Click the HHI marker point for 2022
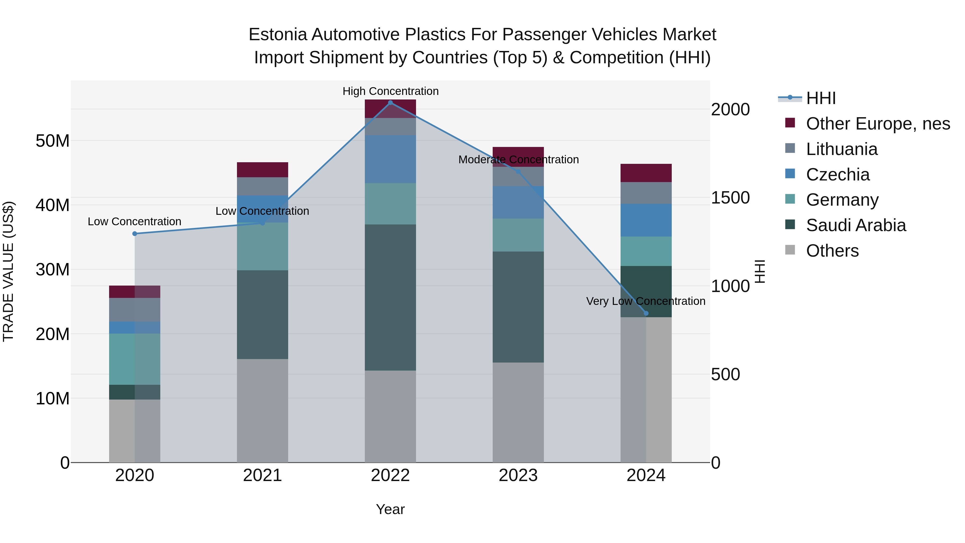click(390, 103)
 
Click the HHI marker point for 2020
click(135, 234)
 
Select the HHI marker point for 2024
click(646, 313)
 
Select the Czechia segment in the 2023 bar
click(518, 202)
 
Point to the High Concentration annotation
click(390, 91)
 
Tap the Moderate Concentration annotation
click(518, 160)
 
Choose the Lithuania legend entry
click(841, 149)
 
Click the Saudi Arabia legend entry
click(856, 225)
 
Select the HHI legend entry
click(821, 98)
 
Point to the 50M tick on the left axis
click(53, 141)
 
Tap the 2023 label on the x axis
click(518, 475)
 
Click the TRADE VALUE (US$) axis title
click(8, 271)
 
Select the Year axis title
click(390, 509)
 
